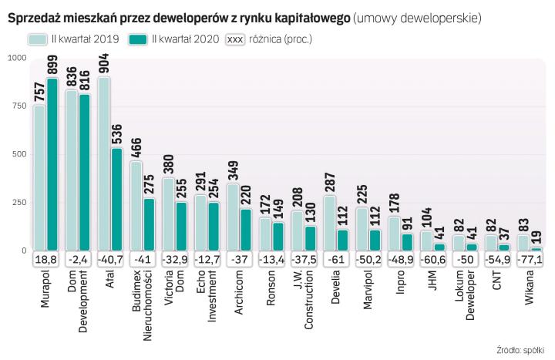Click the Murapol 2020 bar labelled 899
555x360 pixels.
tap(52, 165)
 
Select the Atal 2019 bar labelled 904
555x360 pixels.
tap(103, 164)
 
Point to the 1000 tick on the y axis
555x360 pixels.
tap(15, 58)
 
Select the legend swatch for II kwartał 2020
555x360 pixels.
tap(139, 38)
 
